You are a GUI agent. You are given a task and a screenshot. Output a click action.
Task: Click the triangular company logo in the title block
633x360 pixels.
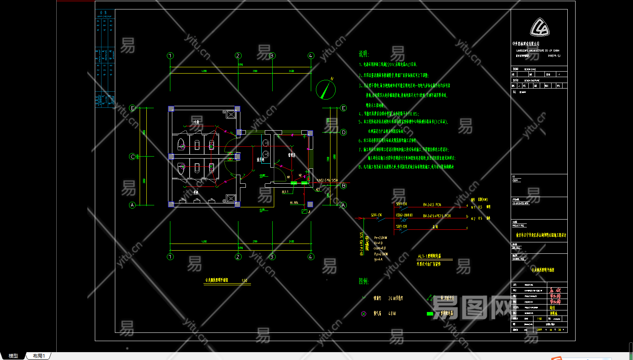coord(539,28)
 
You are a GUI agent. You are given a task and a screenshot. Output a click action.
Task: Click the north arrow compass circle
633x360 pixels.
coord(326,90)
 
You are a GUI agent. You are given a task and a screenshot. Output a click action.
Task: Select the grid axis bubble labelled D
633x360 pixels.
coord(343,132)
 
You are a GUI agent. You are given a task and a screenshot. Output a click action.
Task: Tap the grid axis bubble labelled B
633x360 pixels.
coord(343,186)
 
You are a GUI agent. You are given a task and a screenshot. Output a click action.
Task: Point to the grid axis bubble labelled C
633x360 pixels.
coord(132,157)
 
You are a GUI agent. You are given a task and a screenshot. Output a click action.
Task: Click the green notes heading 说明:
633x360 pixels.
coord(364,54)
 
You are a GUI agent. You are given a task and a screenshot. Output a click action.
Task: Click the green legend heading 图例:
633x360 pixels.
coord(364,281)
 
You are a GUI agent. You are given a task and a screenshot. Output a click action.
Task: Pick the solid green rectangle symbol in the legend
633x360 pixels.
coord(430,314)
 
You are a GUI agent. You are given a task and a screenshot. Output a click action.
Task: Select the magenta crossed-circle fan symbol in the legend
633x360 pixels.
coord(364,314)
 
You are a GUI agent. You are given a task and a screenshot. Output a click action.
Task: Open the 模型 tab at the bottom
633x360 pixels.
coord(13,356)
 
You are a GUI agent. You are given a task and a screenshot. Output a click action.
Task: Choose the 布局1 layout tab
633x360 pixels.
coord(39,356)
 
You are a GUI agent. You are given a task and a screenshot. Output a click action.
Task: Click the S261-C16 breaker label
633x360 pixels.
coord(376,215)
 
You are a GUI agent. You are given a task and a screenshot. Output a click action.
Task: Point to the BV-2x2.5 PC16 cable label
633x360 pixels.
coord(432,205)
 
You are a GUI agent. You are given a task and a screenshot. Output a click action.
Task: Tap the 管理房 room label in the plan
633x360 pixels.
coord(292,155)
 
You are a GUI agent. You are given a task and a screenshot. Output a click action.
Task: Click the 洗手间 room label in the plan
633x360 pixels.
coord(260,159)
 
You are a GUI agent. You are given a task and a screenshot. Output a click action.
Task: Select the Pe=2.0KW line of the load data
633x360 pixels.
coord(380,238)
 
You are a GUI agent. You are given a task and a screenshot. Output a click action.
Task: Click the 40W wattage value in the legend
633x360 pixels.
coord(392,314)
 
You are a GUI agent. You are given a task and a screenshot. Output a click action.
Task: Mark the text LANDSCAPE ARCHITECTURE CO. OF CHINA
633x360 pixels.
coord(538,50)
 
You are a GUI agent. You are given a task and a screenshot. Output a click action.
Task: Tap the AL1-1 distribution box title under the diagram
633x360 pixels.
coord(429,256)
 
